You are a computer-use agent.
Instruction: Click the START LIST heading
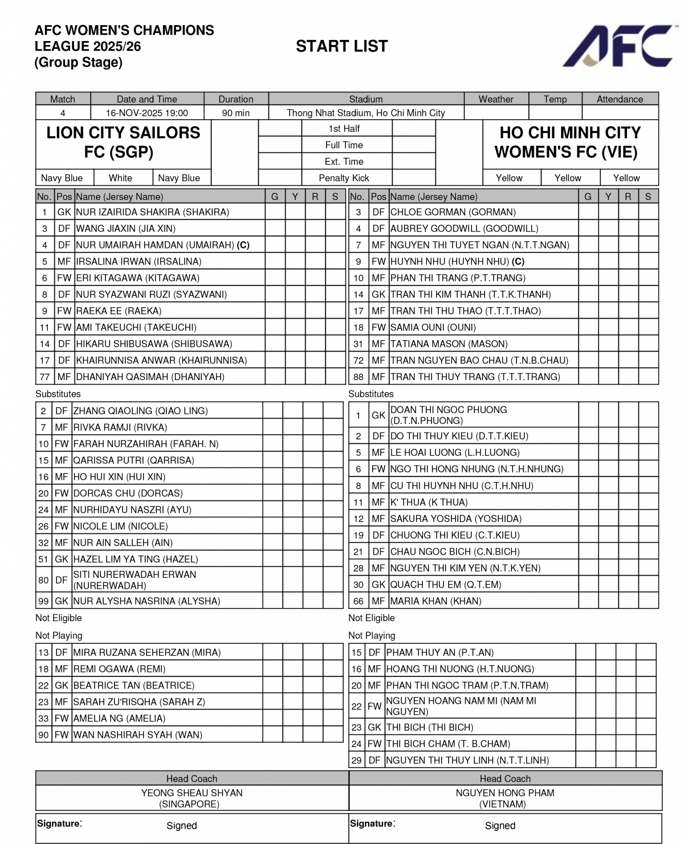341,46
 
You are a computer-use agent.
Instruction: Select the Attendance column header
620,99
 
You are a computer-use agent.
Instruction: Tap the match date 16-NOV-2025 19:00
146,113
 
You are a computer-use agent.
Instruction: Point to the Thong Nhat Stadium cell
365,113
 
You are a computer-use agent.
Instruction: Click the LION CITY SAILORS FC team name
123,142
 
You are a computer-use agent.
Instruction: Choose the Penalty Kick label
344,178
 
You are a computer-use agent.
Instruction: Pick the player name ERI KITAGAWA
137,278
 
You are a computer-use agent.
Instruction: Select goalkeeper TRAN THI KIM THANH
470,295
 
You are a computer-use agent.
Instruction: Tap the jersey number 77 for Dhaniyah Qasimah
44,377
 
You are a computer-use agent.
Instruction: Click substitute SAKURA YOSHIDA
455,519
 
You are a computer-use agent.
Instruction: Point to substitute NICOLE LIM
120,526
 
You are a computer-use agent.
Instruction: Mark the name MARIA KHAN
435,601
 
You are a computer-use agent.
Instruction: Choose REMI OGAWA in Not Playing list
119,669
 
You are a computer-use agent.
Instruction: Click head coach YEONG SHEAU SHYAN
192,793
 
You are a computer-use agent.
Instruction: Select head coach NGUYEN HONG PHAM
504,793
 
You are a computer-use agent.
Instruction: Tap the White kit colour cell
120,178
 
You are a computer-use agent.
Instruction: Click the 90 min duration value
235,113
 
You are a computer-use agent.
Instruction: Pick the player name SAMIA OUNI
433,328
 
